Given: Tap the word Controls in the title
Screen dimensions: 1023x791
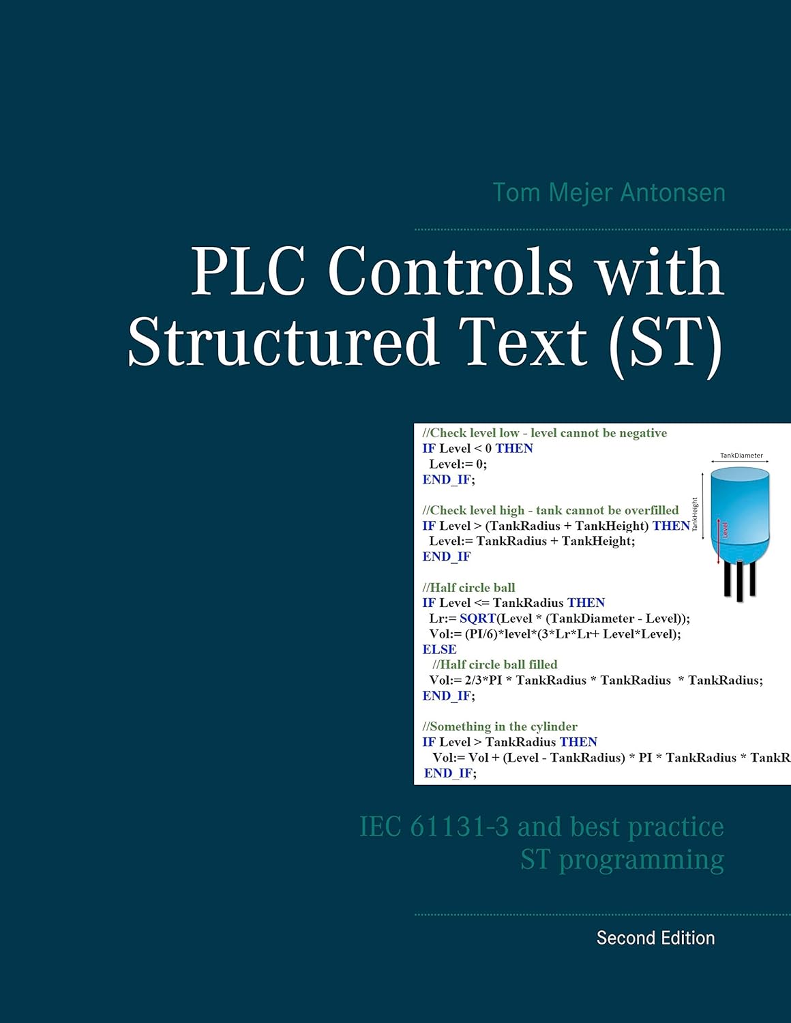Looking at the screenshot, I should [450, 271].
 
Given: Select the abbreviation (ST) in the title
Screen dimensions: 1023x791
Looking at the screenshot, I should [666, 341].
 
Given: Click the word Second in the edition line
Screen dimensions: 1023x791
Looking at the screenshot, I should [625, 938].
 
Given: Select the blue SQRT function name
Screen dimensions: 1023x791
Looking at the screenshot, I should [477, 619].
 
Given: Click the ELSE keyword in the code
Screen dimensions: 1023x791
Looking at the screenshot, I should [439, 649].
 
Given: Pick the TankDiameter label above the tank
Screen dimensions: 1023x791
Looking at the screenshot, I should [741, 456].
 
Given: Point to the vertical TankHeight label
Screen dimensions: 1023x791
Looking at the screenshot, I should [695, 514].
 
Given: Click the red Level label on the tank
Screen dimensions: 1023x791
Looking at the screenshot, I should [725, 530].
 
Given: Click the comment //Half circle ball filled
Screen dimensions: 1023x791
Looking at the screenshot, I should [495, 664].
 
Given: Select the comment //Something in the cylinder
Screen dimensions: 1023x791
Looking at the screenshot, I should [500, 726].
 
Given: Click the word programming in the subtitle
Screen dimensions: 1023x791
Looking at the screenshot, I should [641, 859].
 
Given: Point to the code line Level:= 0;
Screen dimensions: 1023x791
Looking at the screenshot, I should [458, 464].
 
